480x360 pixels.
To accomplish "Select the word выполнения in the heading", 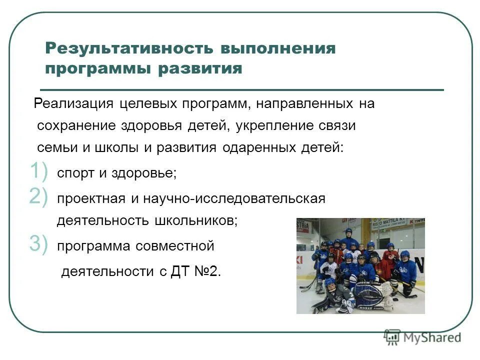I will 277,48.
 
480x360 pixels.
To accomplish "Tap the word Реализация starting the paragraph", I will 74,104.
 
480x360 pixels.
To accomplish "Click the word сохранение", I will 76,126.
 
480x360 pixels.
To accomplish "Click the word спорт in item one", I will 74,173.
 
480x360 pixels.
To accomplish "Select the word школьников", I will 199,220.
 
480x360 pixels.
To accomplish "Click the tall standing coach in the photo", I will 348,240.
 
